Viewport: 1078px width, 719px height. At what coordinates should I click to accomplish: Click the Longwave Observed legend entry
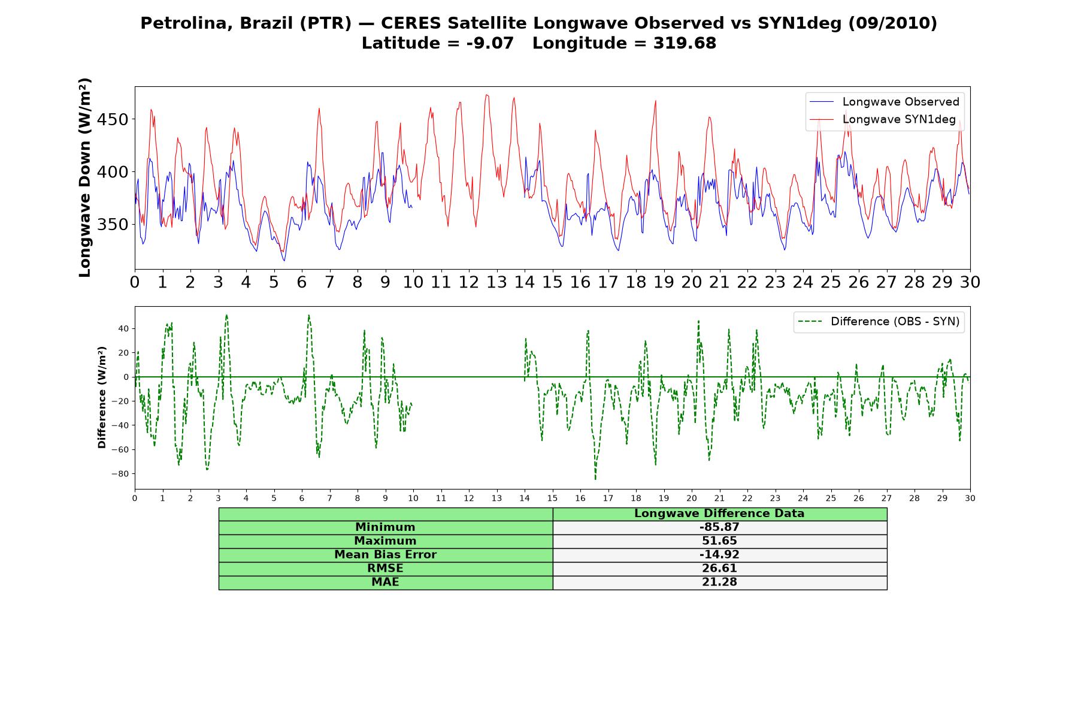click(x=884, y=102)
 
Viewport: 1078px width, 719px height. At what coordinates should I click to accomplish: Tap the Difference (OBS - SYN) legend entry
click(x=879, y=322)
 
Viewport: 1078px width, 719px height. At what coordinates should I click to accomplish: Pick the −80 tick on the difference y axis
click(x=120, y=474)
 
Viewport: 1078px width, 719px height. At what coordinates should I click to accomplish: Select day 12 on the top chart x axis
click(x=468, y=282)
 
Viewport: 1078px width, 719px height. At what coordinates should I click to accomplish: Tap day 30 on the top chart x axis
click(x=970, y=282)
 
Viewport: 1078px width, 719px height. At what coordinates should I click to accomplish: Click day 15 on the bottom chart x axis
click(x=552, y=499)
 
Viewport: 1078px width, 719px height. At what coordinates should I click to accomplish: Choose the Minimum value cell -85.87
click(x=719, y=527)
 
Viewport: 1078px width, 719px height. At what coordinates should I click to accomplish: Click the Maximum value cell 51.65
click(x=719, y=541)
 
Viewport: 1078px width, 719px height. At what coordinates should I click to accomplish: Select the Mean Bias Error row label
click(x=385, y=555)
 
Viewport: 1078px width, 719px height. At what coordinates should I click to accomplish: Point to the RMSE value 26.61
click(x=719, y=569)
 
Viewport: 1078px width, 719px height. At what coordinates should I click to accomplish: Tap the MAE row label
click(x=385, y=582)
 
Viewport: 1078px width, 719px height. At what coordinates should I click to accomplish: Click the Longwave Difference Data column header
click(x=719, y=513)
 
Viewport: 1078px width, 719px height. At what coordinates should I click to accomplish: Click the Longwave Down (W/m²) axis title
click(x=85, y=178)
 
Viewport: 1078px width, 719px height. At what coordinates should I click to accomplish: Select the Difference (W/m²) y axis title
click(x=102, y=397)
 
